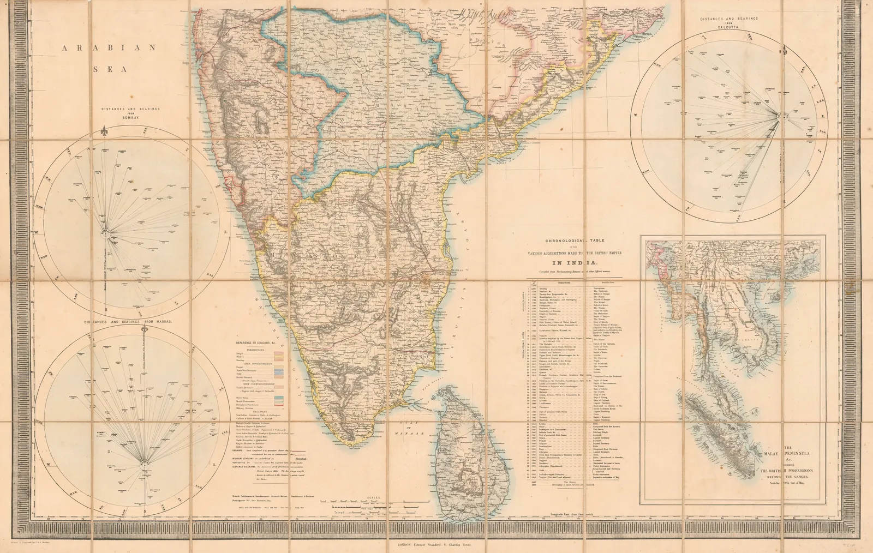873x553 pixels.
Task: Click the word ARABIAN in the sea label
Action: click(x=109, y=48)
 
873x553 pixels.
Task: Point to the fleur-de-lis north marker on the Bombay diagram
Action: click(x=104, y=131)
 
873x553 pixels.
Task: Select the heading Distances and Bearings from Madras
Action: click(x=129, y=322)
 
